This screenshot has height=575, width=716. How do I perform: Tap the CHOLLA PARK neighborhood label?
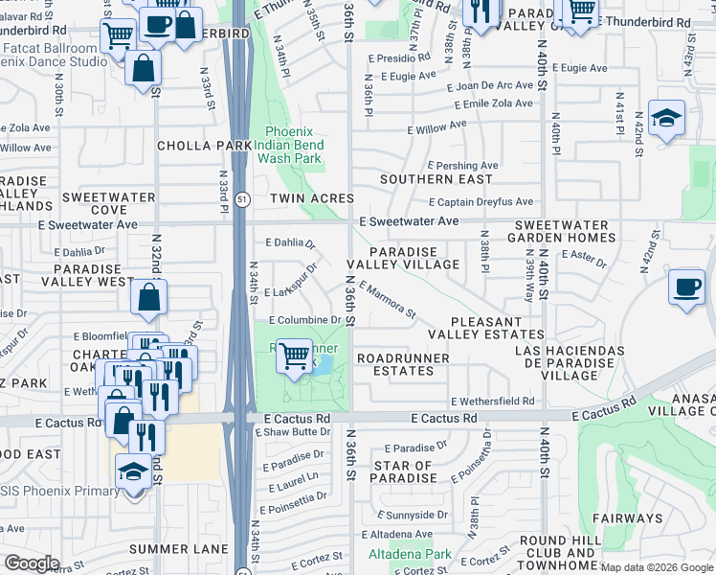(x=206, y=146)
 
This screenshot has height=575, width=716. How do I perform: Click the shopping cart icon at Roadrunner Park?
(x=296, y=356)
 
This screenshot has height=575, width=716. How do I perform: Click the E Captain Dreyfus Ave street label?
(x=481, y=202)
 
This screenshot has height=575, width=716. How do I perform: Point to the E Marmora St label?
(x=388, y=300)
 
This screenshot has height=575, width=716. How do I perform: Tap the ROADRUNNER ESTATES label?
(x=396, y=364)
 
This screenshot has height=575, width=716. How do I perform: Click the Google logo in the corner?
(x=31, y=563)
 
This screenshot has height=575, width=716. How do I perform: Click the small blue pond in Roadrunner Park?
(x=325, y=364)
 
